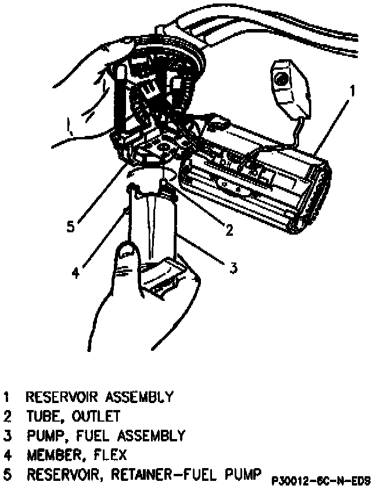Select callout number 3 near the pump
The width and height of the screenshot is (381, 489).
pos(233,267)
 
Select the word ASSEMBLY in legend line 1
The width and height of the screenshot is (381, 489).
pos(139,397)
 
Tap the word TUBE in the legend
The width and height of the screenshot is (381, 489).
pos(39,416)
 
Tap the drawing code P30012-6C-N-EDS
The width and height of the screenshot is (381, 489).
pos(321,481)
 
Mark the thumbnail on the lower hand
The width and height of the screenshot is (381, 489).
pos(125,253)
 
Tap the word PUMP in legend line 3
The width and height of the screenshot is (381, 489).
pos(46,436)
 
